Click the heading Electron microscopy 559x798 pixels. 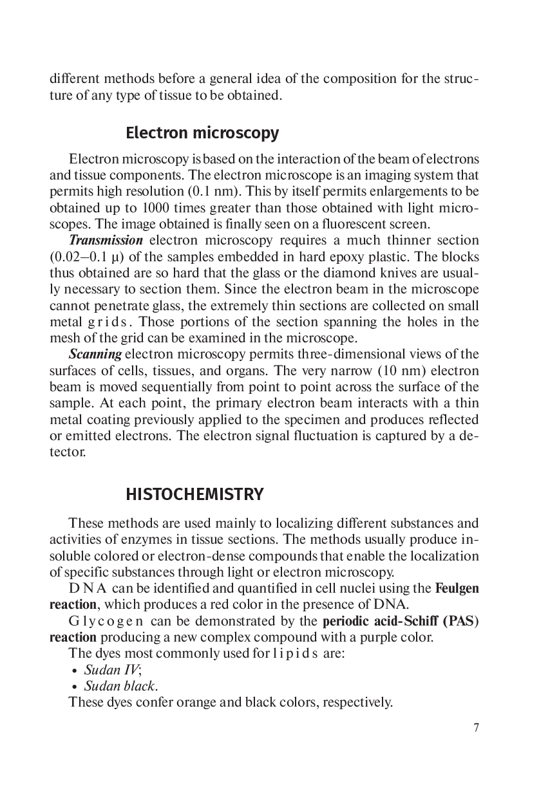point(202,133)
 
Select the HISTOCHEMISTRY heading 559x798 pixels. point(194,494)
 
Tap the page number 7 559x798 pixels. point(476,728)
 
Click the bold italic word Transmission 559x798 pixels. point(106,240)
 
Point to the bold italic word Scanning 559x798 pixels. point(95,354)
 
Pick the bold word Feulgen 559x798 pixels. point(457,588)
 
